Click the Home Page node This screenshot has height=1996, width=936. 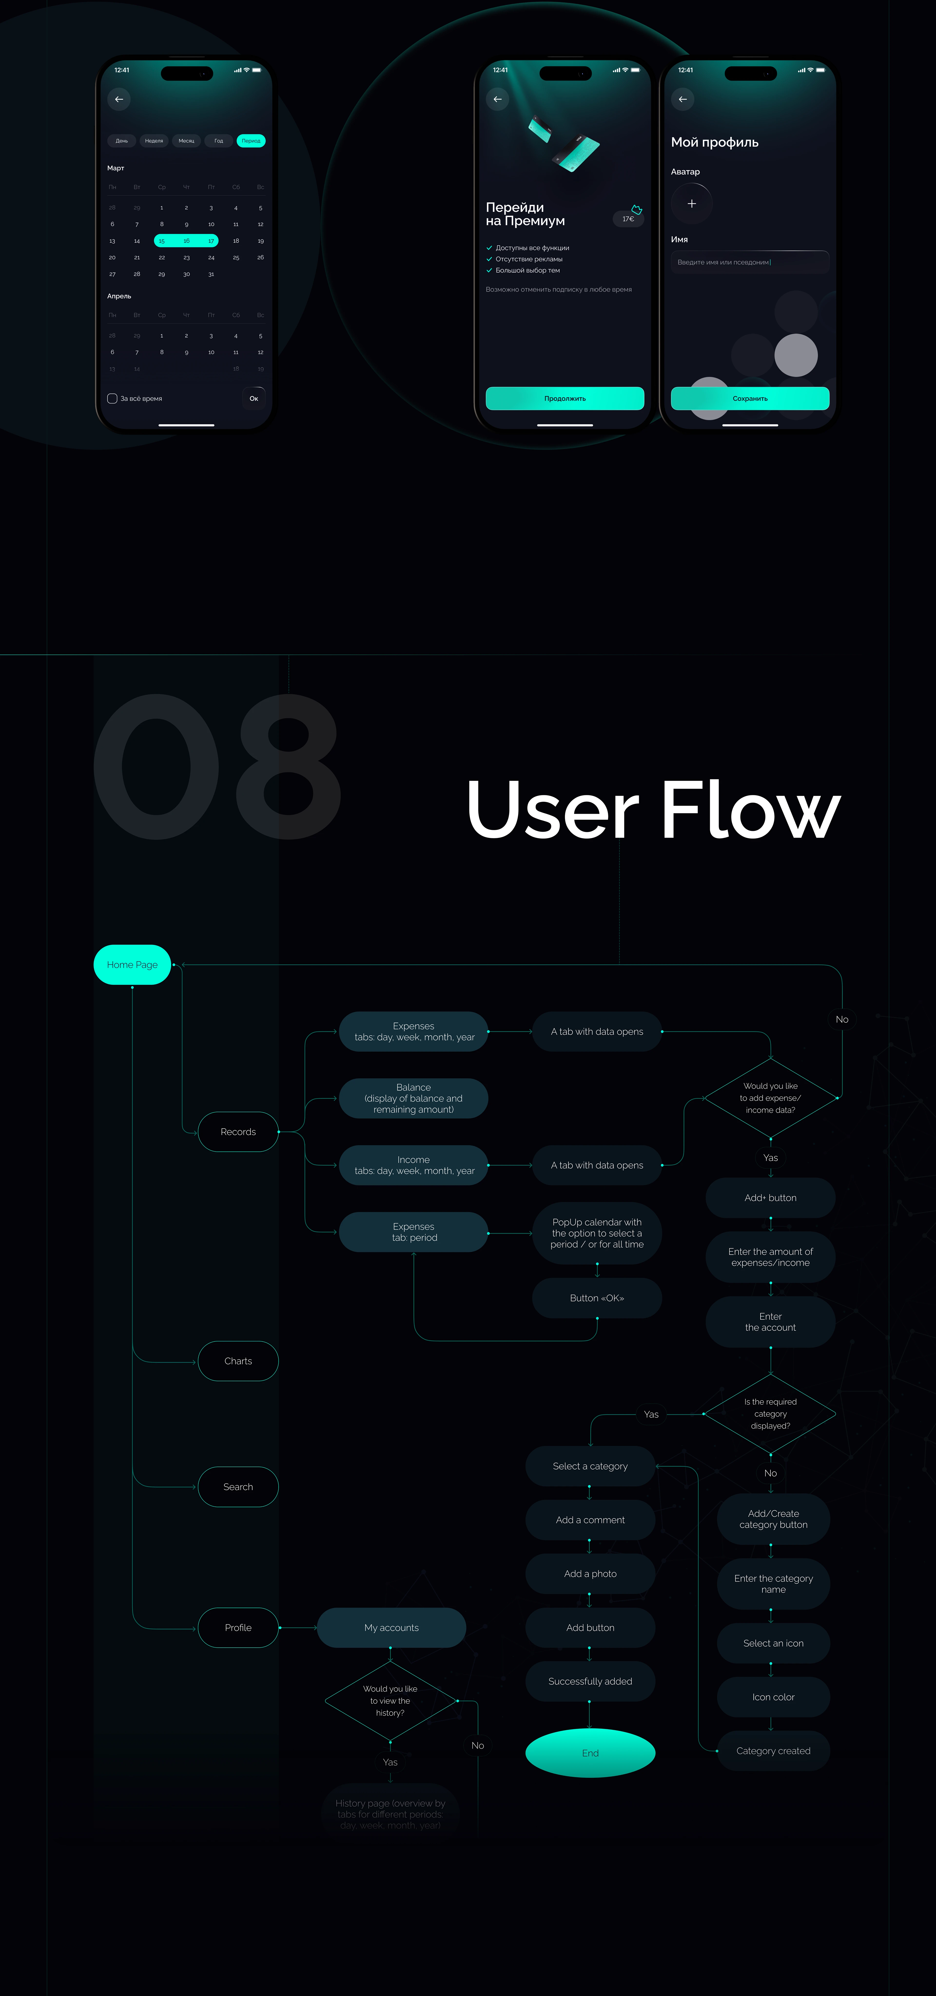pos(132,965)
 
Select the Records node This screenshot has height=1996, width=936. pos(238,1132)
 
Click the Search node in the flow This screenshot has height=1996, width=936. pos(238,1487)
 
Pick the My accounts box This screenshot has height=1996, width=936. pos(391,1628)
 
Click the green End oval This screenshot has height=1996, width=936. pos(590,1754)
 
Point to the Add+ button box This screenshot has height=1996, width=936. pos(770,1198)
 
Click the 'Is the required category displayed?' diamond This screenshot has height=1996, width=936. pos(770,1414)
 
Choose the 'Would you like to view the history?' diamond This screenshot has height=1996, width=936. pos(390,1701)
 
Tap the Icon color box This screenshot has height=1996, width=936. pos(773,1697)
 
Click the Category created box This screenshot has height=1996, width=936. pos(773,1751)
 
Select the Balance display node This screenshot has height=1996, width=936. pos(413,1099)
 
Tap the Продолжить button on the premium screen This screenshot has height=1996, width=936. pos(565,398)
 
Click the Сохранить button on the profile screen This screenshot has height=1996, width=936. pos(750,398)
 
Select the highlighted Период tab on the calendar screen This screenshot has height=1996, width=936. pos(251,141)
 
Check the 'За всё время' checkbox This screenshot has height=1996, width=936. pos(112,398)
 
